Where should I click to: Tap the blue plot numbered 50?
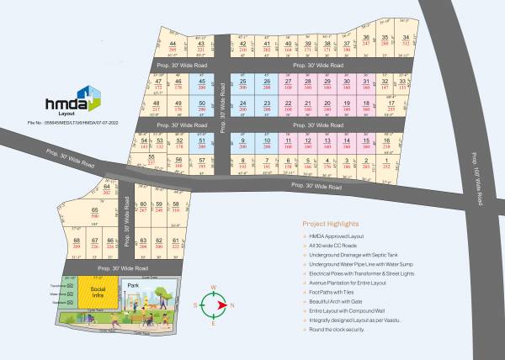tap(202, 106)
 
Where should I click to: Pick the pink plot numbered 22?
tap(289, 105)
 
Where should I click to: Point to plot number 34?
tap(407, 40)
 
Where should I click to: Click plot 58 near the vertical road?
tap(175, 207)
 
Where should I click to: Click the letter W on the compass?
tap(214, 287)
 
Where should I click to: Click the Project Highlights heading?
tap(330, 225)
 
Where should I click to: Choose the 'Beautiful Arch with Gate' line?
tap(338, 301)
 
